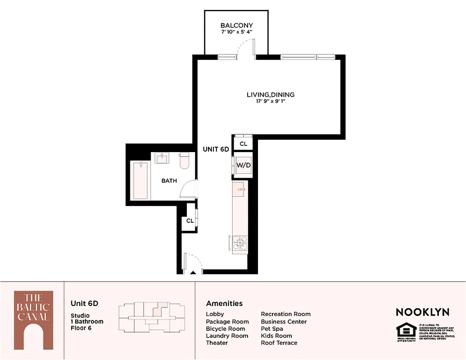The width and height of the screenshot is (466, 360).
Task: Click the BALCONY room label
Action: click(x=236, y=26)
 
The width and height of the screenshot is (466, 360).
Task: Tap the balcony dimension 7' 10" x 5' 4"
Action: click(x=236, y=32)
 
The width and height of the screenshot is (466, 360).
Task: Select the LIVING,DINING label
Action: click(x=271, y=94)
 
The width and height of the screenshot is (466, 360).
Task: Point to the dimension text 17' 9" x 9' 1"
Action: click(x=271, y=101)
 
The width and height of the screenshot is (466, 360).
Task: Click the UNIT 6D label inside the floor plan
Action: click(x=216, y=149)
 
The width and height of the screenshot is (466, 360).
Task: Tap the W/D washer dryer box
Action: click(x=243, y=165)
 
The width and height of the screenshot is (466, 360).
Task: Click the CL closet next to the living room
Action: click(x=243, y=144)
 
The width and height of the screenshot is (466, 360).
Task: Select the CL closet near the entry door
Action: click(x=190, y=220)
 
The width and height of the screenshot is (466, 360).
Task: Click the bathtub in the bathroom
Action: click(x=140, y=180)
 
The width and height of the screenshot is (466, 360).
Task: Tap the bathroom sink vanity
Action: click(x=162, y=158)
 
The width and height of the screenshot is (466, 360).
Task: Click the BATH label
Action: click(x=169, y=181)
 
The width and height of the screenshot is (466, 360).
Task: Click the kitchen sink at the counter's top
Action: click(x=240, y=189)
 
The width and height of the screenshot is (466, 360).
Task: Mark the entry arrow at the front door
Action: click(x=192, y=272)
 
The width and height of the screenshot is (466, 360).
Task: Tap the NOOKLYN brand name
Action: click(x=422, y=312)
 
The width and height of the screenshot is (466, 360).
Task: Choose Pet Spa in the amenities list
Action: click(x=272, y=328)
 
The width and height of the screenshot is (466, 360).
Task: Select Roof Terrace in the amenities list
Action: click(x=279, y=343)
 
